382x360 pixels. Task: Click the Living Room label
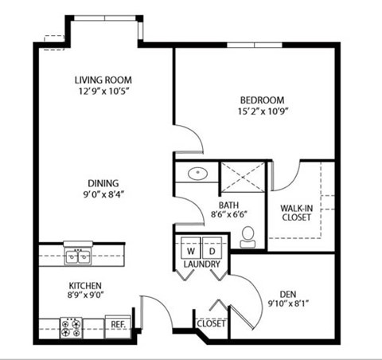pos(103,80)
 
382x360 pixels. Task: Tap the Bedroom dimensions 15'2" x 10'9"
pos(262,112)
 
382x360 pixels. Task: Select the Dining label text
pos(103,180)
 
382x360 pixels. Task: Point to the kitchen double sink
pos(77,256)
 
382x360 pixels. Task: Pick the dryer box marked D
pos(212,247)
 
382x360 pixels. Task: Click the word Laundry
pos(201,264)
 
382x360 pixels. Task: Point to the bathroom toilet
pos(248,235)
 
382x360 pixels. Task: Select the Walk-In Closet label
pos(296,211)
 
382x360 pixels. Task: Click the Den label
pos(288,293)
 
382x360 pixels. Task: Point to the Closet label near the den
pos(212,324)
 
